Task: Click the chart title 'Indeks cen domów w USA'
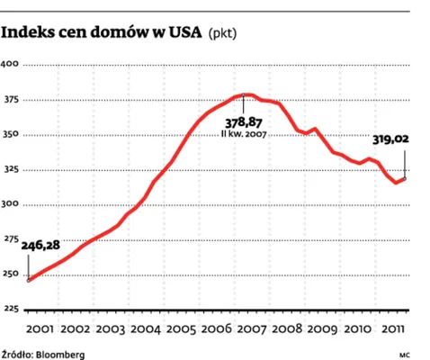click(x=102, y=33)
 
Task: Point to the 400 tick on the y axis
click(x=10, y=65)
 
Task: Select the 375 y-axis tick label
click(x=10, y=100)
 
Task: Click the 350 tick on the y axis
click(x=10, y=135)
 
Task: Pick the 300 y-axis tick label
click(x=10, y=204)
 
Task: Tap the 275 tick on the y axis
click(x=10, y=239)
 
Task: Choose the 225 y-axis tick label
click(x=10, y=309)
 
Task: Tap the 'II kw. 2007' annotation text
click(x=246, y=134)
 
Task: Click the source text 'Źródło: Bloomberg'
click(x=42, y=352)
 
